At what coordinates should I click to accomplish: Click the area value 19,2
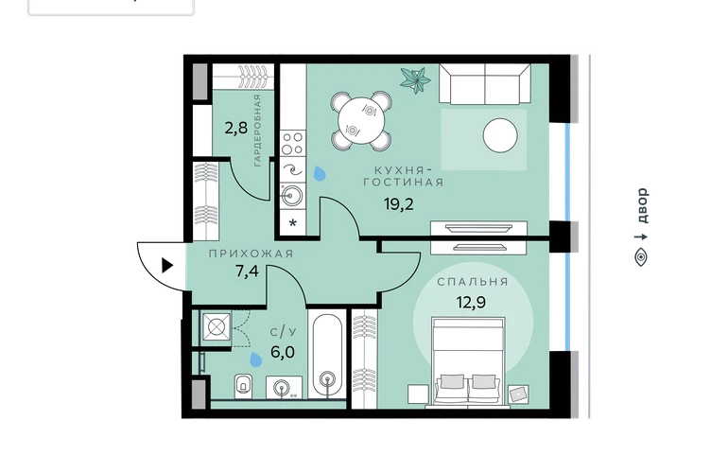tap(398, 204)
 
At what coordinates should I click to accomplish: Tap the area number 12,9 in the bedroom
tap(471, 303)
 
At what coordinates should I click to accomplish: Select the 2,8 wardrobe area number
tap(235, 128)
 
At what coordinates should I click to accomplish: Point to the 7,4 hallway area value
tap(247, 271)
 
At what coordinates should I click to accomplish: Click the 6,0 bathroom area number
tap(283, 352)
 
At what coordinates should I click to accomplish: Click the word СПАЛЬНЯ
tap(473, 282)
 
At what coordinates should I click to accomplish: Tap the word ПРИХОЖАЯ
tap(251, 254)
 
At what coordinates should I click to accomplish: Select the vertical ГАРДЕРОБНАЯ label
tap(257, 131)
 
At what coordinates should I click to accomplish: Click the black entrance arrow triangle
tap(167, 266)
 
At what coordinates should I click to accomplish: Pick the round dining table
tap(361, 121)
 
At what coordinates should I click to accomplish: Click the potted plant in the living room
tap(415, 79)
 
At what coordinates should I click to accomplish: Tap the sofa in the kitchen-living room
tap(485, 84)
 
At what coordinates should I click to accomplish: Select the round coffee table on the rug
tap(500, 135)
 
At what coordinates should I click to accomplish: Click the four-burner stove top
tap(293, 143)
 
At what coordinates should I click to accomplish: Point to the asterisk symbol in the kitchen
tap(293, 223)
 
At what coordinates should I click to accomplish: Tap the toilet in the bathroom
tap(243, 386)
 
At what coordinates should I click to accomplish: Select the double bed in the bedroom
tap(468, 361)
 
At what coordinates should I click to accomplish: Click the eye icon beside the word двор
tap(641, 257)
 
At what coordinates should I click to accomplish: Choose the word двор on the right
tap(642, 205)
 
